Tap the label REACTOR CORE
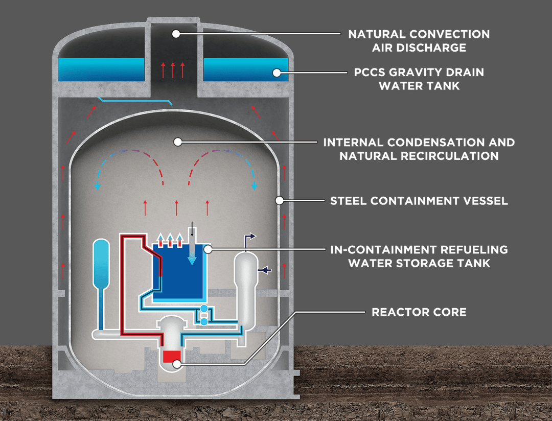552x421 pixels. pos(419,312)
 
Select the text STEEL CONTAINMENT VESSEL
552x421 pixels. pos(419,200)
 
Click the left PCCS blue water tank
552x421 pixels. pos(101,70)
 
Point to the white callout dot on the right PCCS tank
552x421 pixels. pos(277,73)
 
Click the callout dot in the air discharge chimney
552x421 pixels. pos(176,34)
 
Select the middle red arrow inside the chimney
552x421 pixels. pos(173,69)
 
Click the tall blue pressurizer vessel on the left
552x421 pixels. pos(102,266)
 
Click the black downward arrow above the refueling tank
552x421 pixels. pos(191,229)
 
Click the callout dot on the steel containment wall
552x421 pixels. pos(279,200)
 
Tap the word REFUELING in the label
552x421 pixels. pos(472,249)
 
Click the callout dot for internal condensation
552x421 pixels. pos(176,141)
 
